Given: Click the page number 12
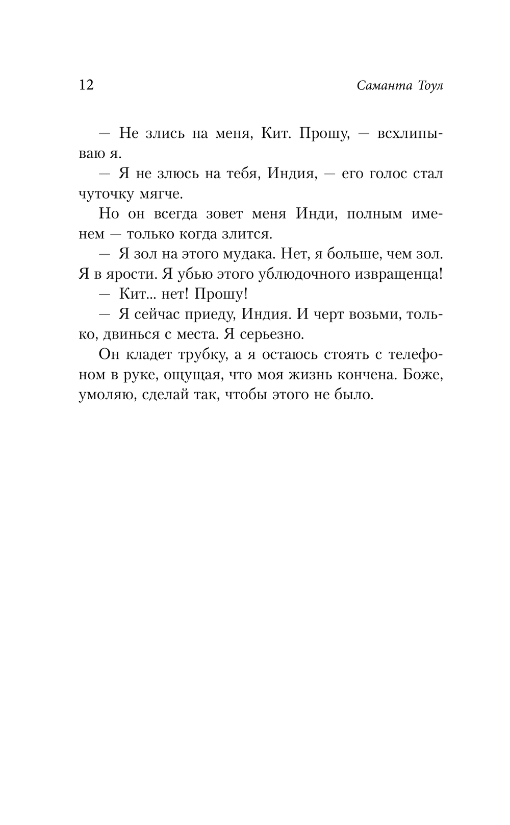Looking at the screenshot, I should (86, 85).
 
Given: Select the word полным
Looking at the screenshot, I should (374, 214).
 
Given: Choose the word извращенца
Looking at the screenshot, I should (397, 274).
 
